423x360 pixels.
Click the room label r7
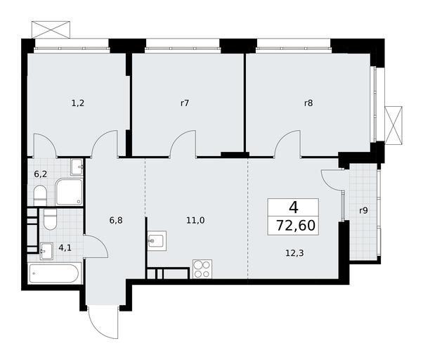[x=185, y=103]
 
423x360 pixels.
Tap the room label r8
[x=308, y=103]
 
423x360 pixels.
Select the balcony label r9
[x=363, y=210]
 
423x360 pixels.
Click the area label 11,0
[x=195, y=221]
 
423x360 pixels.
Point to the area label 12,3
[x=294, y=253]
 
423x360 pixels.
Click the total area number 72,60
[x=296, y=226]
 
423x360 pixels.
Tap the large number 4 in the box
[x=294, y=208]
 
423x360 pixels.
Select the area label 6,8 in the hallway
[x=116, y=221]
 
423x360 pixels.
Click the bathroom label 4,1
[x=65, y=248]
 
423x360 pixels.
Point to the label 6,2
[x=41, y=174]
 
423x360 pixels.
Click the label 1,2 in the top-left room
[x=78, y=103]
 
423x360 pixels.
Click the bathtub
[x=54, y=273]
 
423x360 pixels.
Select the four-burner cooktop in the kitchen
[x=202, y=269]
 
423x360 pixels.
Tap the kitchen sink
[x=157, y=240]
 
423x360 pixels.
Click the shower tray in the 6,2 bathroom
[x=69, y=192]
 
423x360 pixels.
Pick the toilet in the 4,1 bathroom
[x=50, y=219]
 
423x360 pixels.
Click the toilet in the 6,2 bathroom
[x=41, y=195]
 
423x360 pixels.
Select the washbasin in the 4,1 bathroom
[x=46, y=251]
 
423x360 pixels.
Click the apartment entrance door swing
[x=103, y=322]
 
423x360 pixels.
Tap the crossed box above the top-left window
[x=51, y=30]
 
